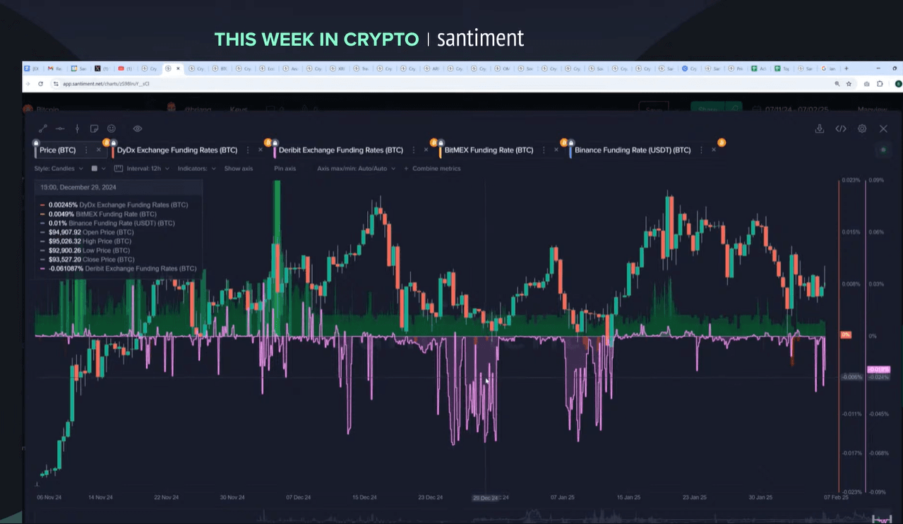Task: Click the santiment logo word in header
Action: pos(480,38)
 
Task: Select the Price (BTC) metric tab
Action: pos(57,150)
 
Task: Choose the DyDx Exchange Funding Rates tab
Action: pos(177,150)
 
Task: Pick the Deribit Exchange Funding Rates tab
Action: pos(340,150)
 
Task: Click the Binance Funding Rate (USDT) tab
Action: pos(632,150)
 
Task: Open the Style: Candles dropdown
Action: pos(59,169)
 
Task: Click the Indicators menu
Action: pos(196,169)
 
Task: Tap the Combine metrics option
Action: pos(436,169)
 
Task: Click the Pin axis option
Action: pos(285,169)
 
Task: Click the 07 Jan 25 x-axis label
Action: pos(562,497)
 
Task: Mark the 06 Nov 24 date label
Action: pos(49,497)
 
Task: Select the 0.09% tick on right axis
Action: pos(875,181)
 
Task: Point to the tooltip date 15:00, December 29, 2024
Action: pos(78,187)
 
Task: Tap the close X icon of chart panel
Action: pos(883,129)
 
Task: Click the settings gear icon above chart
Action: pos(862,129)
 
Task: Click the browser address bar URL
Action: pos(106,83)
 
